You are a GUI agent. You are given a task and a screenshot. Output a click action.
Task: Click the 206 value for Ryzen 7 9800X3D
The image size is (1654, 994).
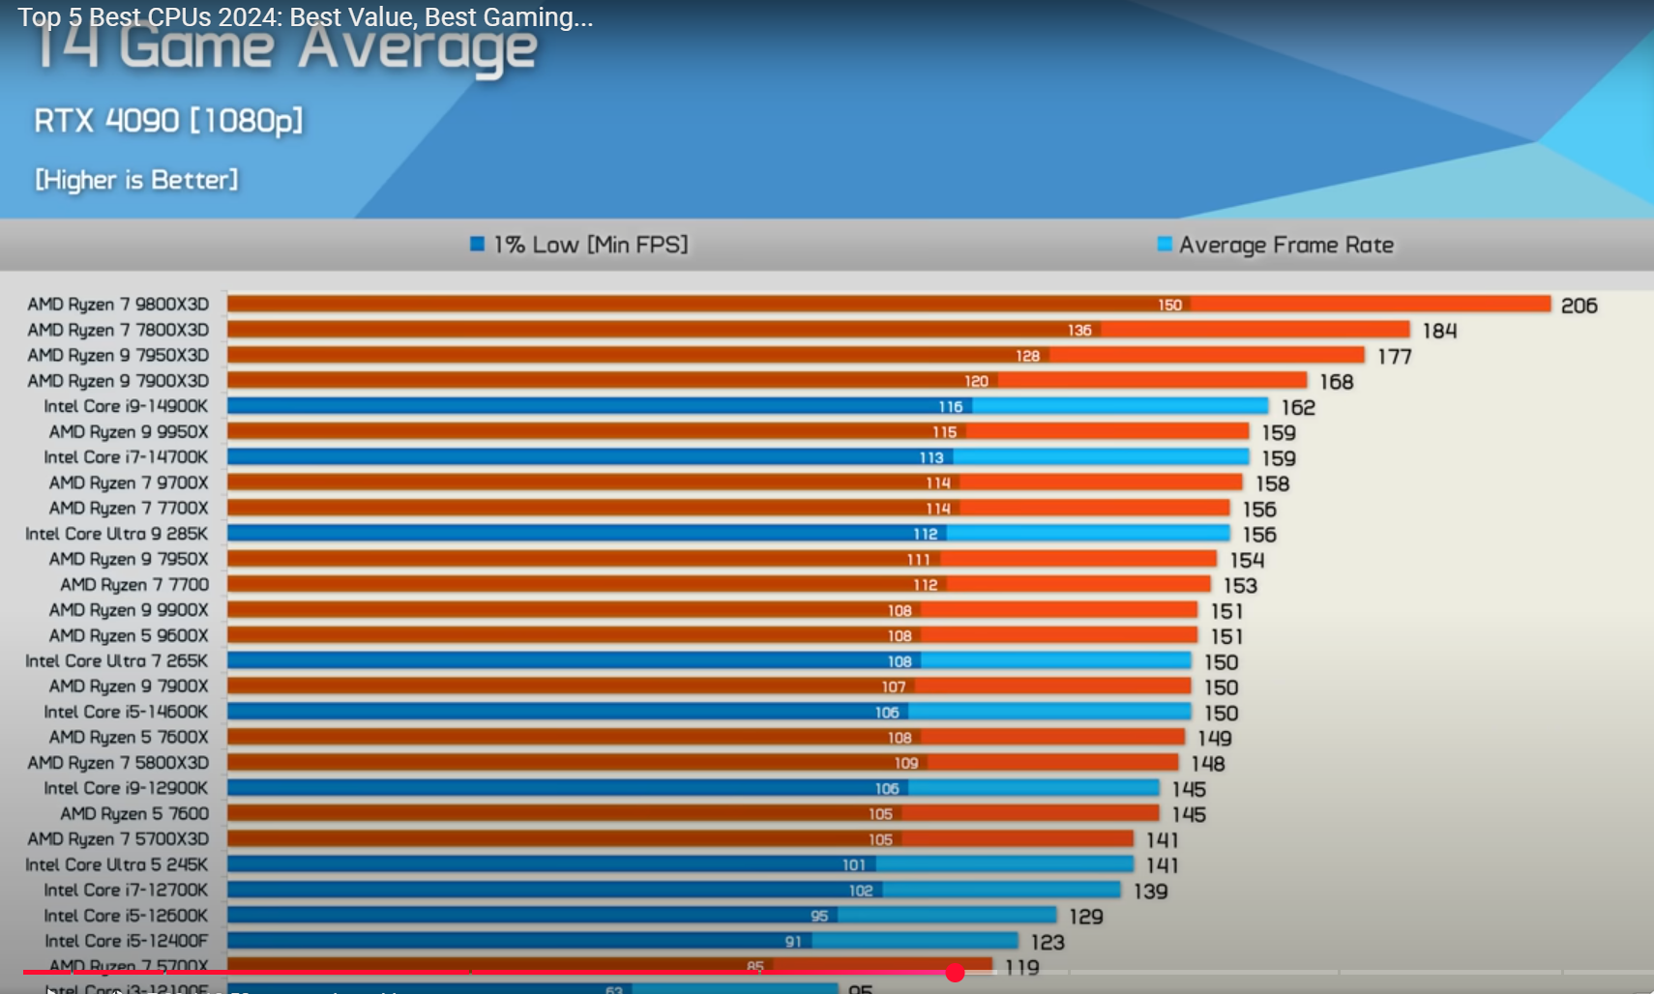tap(1579, 306)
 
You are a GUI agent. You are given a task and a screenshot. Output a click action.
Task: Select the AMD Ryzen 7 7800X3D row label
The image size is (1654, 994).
tap(118, 330)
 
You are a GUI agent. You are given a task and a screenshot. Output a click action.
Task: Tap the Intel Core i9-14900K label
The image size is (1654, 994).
tap(126, 406)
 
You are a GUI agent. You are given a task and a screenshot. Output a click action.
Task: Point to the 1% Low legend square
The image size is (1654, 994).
tap(477, 244)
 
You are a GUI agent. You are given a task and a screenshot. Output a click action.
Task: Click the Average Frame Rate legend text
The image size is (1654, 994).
tap(1285, 245)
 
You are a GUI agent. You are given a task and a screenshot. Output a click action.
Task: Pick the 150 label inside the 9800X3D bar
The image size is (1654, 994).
tap(1169, 305)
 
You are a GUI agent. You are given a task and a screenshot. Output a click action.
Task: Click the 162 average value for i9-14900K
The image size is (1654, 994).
tap(1298, 407)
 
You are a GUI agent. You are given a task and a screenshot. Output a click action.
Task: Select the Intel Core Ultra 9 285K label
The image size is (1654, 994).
tap(116, 534)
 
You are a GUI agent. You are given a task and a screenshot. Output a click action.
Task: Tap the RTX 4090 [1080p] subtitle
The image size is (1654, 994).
tap(168, 121)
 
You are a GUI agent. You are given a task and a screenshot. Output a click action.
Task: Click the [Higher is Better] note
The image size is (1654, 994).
tap(136, 180)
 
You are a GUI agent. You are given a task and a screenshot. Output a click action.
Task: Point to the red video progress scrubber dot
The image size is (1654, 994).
tap(955, 973)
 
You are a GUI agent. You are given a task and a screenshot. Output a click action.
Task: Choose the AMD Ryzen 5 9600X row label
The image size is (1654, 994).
tap(129, 635)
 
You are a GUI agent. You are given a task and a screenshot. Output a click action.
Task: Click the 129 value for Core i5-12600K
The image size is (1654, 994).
tap(1086, 916)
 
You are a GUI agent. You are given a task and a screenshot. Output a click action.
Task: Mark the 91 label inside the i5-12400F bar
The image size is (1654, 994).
tap(793, 941)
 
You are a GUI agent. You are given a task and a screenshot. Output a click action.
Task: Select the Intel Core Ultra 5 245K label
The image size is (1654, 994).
tap(116, 864)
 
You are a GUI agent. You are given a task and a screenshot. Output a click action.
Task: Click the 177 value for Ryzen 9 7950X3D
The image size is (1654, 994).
tap(1394, 357)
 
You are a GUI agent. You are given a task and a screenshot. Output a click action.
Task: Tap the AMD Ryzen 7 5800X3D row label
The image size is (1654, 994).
tap(118, 763)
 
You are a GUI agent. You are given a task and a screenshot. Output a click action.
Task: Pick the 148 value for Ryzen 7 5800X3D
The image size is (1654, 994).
tap(1208, 764)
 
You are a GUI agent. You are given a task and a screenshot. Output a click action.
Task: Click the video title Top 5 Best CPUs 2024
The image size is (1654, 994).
tap(305, 17)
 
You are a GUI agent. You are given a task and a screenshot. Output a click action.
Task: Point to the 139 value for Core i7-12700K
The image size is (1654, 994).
tap(1150, 891)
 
